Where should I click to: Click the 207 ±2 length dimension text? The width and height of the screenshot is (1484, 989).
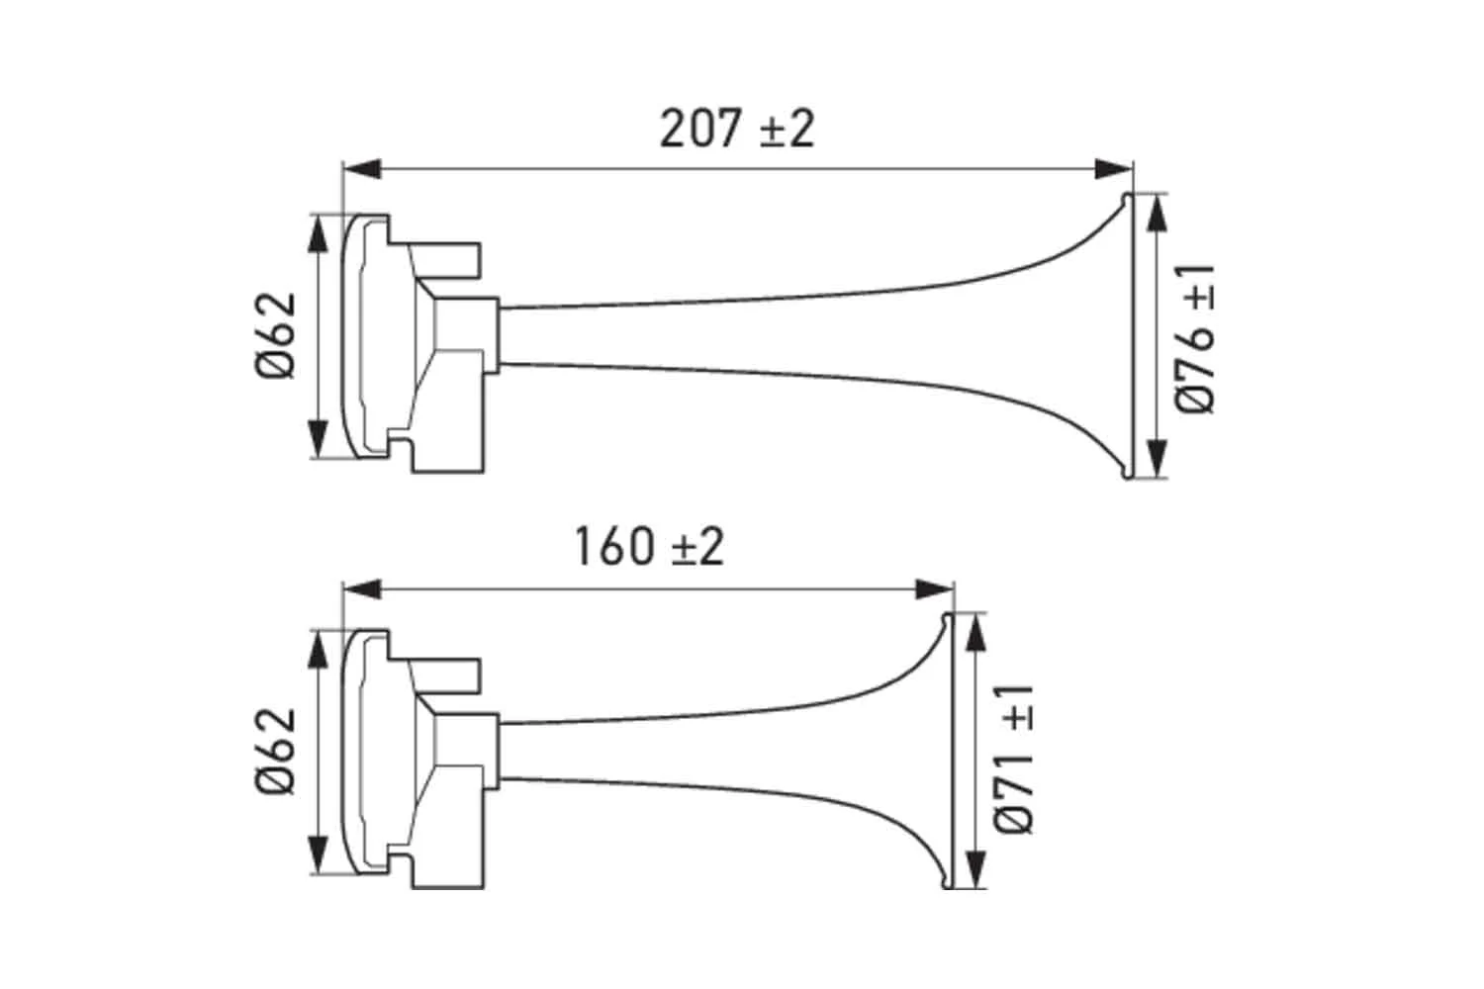pos(737,129)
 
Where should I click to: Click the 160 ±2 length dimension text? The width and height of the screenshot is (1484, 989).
pos(649,547)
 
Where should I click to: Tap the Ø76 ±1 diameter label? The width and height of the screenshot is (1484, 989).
pos(1196,339)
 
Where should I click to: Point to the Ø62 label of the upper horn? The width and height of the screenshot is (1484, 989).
pos(276,335)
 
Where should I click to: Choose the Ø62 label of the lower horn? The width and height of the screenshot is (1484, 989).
pos(276,751)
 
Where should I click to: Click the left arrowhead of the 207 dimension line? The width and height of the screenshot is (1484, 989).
pos(362,169)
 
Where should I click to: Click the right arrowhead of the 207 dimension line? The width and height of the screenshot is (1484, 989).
pos(1113,169)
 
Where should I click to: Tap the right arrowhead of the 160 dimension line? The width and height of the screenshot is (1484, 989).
pos(934,590)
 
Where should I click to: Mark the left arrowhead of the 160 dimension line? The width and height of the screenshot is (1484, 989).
pos(362,590)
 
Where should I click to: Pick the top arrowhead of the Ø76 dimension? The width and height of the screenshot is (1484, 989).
pos(1156,213)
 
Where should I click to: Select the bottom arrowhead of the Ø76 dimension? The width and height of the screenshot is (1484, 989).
pos(1156,460)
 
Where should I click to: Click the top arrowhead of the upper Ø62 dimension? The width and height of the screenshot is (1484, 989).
pos(318,233)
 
